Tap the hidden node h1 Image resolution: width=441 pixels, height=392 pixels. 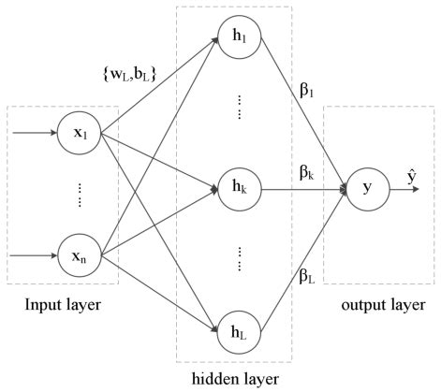click(240, 37)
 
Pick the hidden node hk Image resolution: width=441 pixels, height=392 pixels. click(240, 187)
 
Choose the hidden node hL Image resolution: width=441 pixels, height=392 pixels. click(240, 329)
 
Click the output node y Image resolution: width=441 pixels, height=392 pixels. click(366, 187)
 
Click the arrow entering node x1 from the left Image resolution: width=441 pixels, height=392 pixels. click(34, 133)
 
